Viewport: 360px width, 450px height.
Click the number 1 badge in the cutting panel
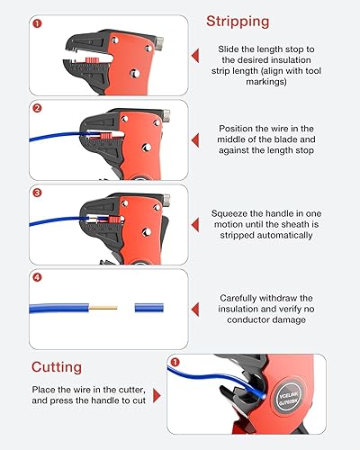[174, 363]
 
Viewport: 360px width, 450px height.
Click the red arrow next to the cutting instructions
[158, 394]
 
